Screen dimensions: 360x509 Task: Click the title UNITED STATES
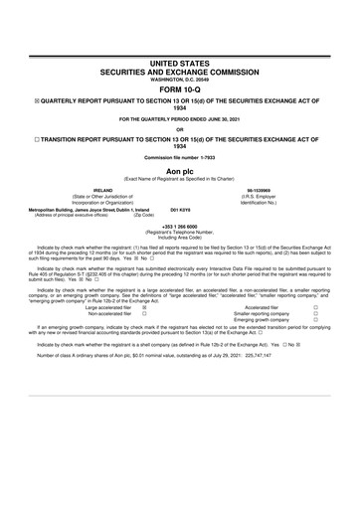click(x=180, y=62)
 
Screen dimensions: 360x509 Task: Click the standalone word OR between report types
click(x=180, y=127)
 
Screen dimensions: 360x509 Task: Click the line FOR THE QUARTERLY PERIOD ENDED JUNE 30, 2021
click(x=180, y=119)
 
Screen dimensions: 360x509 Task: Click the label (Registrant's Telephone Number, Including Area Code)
click(x=180, y=236)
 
